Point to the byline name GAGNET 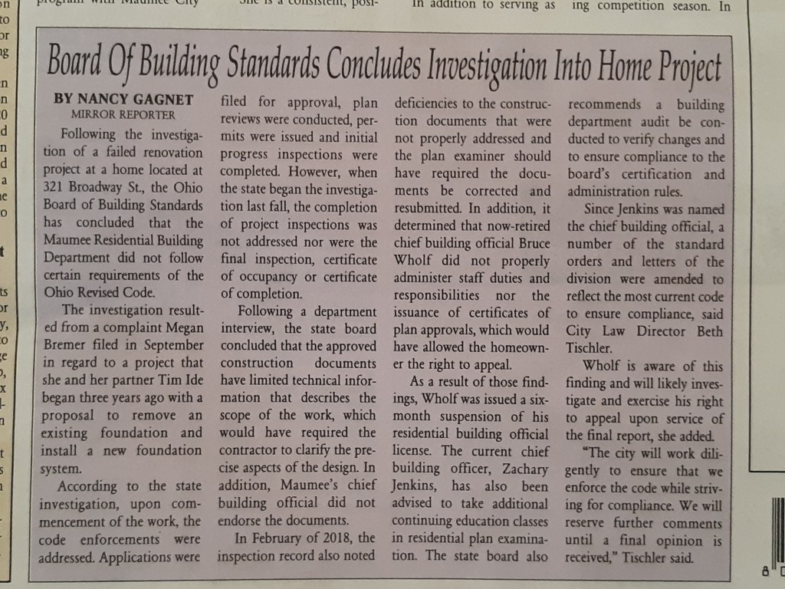(160, 100)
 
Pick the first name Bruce (530, 242)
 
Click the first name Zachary (521, 469)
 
